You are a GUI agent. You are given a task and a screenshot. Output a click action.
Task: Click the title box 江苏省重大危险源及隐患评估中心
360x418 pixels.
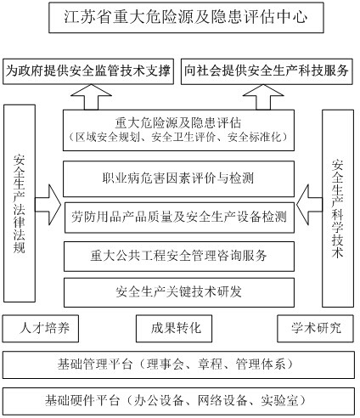(x=186, y=18)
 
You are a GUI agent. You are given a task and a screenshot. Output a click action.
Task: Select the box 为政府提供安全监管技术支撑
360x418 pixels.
(x=88, y=71)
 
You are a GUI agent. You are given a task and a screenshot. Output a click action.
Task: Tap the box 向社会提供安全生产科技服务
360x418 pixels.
(x=267, y=71)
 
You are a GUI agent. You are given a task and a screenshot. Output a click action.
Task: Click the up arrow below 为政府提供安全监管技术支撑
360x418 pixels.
(x=91, y=97)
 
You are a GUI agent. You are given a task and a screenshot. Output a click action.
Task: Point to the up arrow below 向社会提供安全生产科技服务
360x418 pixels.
(x=263, y=97)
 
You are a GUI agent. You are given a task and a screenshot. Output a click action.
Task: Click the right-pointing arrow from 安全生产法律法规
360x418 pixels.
(x=48, y=204)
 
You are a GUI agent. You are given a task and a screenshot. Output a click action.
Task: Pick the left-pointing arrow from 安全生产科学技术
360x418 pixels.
(x=309, y=204)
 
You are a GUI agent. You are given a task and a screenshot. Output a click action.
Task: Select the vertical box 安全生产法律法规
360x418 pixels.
(x=20, y=203)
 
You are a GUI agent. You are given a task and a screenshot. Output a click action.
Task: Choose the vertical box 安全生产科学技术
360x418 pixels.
(x=338, y=208)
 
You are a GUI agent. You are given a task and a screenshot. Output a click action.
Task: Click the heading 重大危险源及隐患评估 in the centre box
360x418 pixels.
(x=178, y=123)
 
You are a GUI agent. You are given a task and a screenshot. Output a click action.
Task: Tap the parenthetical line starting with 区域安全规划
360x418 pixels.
(x=178, y=138)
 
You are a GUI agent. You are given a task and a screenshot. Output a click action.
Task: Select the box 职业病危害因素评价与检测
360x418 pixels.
(x=178, y=178)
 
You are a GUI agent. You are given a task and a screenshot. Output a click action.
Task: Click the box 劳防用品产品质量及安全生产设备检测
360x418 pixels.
(x=179, y=217)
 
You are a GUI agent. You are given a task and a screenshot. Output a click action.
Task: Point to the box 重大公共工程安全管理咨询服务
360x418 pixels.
(x=179, y=257)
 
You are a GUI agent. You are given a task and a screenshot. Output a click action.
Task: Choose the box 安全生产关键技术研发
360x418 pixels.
(x=179, y=292)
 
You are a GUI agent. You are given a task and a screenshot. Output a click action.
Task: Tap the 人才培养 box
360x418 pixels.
(x=41, y=329)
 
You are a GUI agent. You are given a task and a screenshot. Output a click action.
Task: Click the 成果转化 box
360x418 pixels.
(x=174, y=329)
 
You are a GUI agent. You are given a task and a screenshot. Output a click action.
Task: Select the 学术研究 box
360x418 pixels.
(x=315, y=329)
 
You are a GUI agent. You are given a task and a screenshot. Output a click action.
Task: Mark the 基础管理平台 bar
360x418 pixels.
(x=178, y=364)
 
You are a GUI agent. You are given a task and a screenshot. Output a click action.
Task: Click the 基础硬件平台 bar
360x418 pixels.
(x=178, y=401)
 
